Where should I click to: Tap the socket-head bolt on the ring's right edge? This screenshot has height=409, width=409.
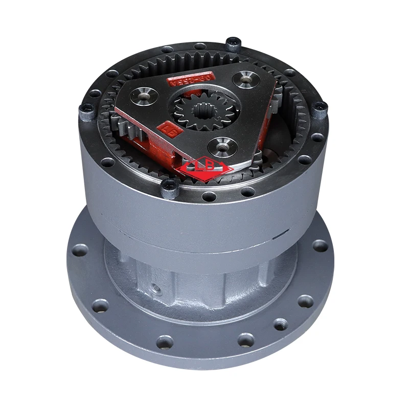click(x=321, y=107)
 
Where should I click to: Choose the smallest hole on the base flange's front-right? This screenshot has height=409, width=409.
click(x=281, y=324)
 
